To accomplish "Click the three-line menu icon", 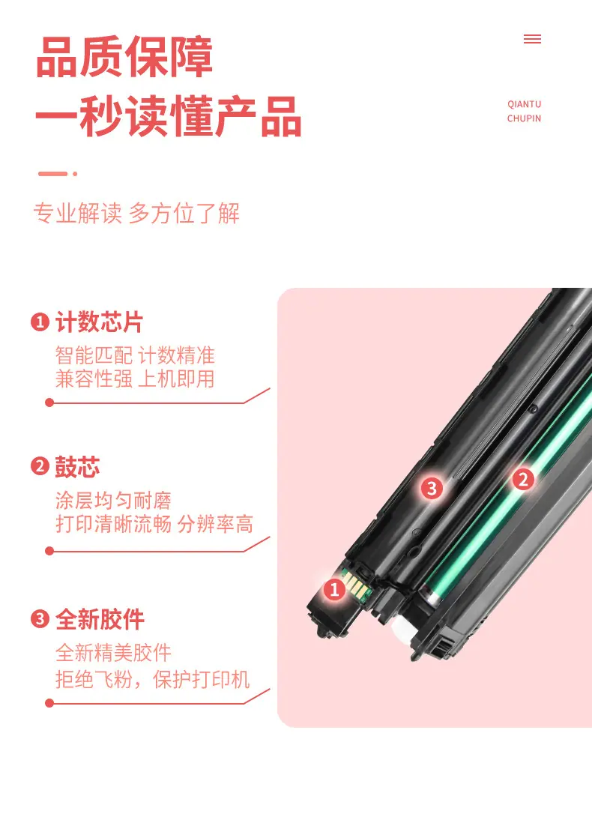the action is point(532,39).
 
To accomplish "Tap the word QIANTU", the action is point(525,104).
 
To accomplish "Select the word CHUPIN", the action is point(525,118).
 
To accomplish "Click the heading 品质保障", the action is point(124,57).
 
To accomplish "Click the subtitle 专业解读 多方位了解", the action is point(136,213).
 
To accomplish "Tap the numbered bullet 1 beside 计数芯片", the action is point(40,322).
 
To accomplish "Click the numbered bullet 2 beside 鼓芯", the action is point(40,466).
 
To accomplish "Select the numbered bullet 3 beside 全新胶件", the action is point(40,619).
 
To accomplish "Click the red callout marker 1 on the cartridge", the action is point(334,589).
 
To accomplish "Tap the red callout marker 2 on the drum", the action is point(523,480).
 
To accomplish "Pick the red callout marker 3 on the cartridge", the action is point(432,488).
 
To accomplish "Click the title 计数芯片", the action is point(99,322).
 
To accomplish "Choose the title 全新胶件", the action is point(100,619).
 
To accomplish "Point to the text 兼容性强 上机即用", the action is point(135,379).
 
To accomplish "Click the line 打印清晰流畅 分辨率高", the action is point(154,524).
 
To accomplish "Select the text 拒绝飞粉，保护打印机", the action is point(153,679).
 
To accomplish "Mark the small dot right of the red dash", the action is point(75,173).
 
